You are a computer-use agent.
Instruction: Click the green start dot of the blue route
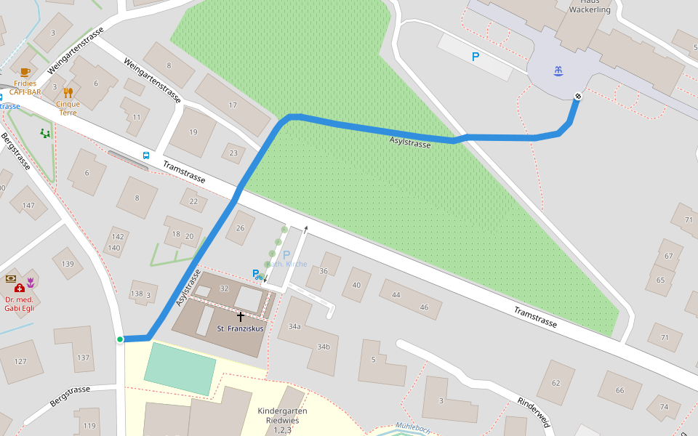[120, 339]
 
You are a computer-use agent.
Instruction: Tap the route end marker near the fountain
[578, 96]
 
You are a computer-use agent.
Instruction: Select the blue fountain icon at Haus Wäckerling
[558, 71]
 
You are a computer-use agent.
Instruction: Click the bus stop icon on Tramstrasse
[146, 155]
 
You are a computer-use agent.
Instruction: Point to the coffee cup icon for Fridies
[25, 72]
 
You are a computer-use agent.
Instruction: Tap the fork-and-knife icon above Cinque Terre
[68, 92]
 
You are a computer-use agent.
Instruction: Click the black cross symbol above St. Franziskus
[241, 317]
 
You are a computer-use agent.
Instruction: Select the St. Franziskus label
[240, 329]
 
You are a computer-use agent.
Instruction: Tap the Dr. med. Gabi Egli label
[20, 303]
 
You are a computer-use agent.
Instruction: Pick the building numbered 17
[233, 105]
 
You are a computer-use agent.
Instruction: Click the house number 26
[240, 230]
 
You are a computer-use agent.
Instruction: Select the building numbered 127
[20, 361]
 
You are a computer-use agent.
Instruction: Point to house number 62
[556, 383]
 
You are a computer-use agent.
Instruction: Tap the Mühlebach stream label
[413, 428]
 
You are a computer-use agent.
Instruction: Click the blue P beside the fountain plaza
[476, 57]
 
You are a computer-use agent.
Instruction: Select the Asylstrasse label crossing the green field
[410, 141]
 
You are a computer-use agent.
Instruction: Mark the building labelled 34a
[294, 327]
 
